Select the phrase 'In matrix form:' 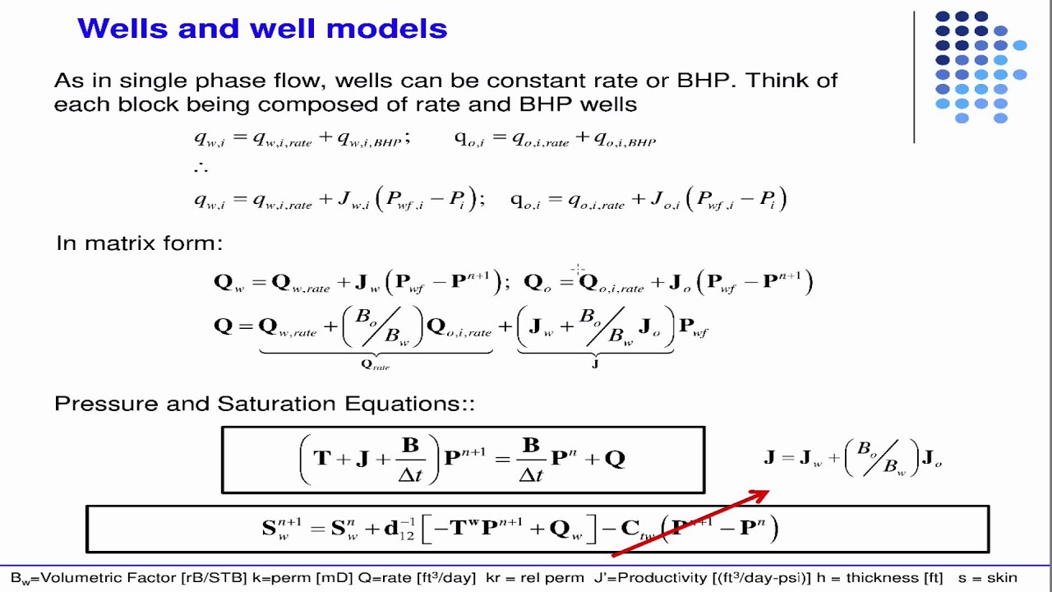point(139,243)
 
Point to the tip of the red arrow point(768,493)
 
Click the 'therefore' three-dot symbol point(201,168)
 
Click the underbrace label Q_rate point(376,364)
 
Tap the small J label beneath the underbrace point(595,363)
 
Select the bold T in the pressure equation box point(321,458)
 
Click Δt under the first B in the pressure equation point(410,474)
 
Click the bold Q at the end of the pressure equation point(615,458)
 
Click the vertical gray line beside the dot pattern point(914,77)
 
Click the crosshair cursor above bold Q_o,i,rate point(578,269)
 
